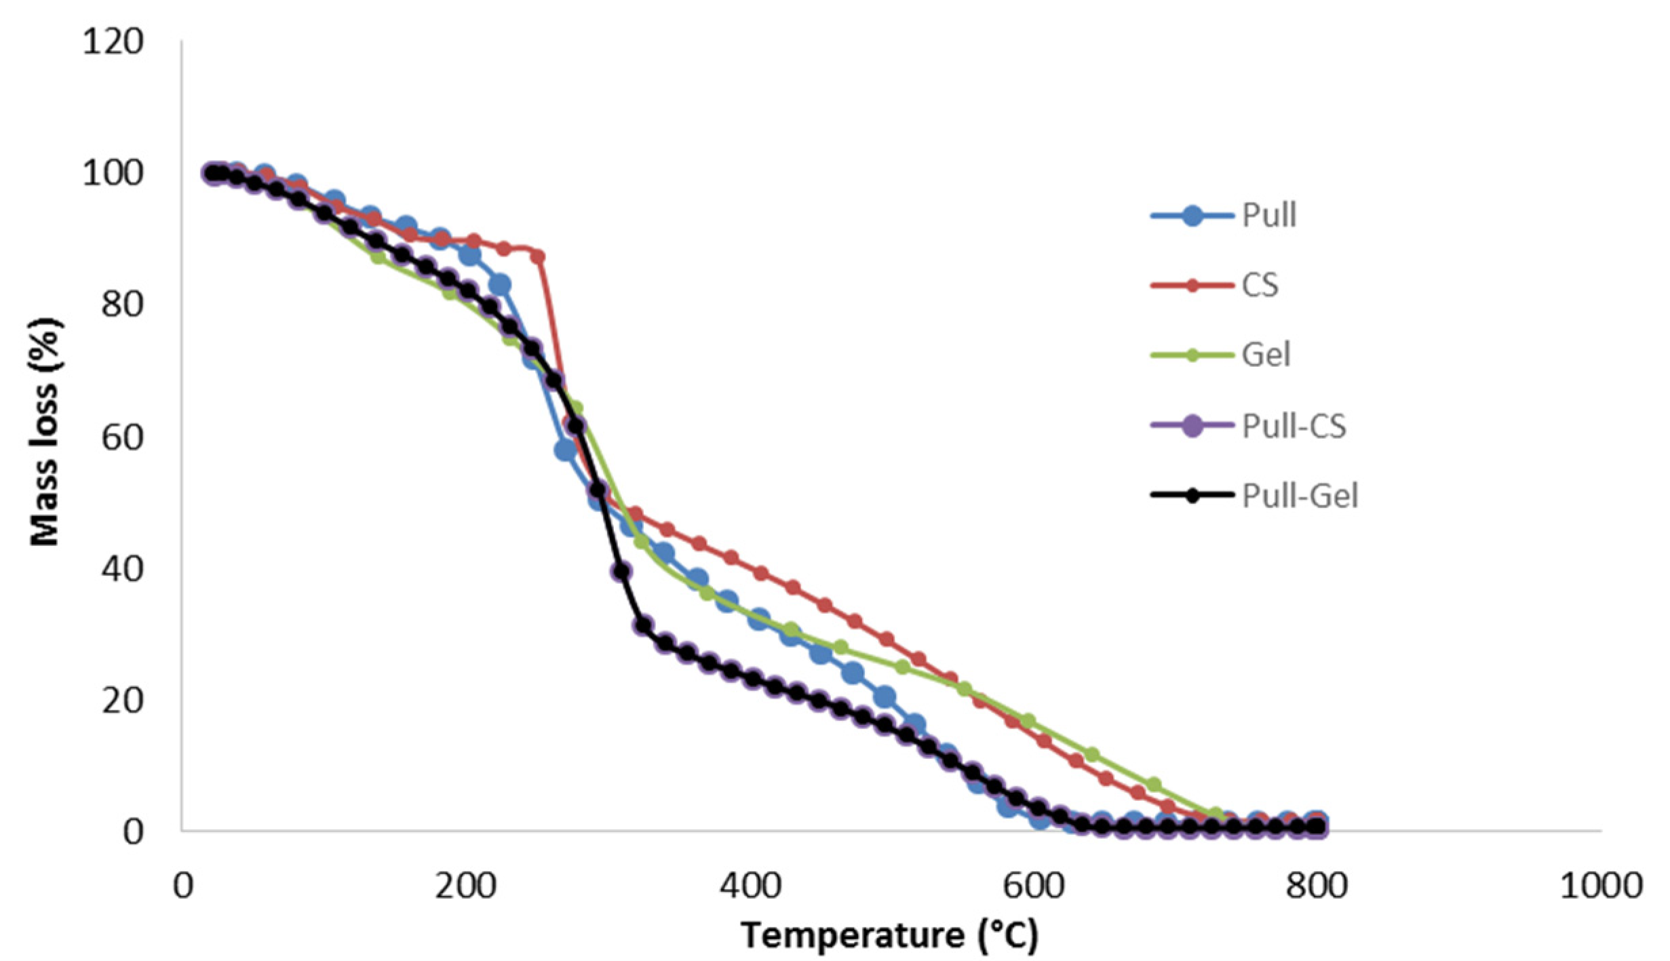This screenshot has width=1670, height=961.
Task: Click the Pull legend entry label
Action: (1268, 216)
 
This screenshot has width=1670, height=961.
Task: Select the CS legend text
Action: (1260, 286)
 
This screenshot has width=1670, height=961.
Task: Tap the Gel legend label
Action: (1265, 355)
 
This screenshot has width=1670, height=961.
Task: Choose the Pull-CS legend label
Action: (1294, 427)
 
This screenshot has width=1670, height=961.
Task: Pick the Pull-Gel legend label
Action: (1300, 496)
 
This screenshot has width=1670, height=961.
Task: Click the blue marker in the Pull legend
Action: (1192, 216)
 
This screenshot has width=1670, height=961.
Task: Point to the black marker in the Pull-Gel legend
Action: (1192, 496)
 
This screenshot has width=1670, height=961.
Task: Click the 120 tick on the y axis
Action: (113, 42)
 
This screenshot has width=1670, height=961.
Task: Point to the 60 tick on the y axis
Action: (123, 437)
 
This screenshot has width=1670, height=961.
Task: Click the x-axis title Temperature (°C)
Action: (889, 937)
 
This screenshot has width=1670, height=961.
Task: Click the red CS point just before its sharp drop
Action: (538, 256)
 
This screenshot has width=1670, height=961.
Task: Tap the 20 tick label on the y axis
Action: (123, 701)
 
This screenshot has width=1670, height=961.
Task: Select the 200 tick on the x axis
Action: (466, 886)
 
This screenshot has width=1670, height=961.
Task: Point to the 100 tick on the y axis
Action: (113, 174)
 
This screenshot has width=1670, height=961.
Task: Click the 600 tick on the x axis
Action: (1034, 886)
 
